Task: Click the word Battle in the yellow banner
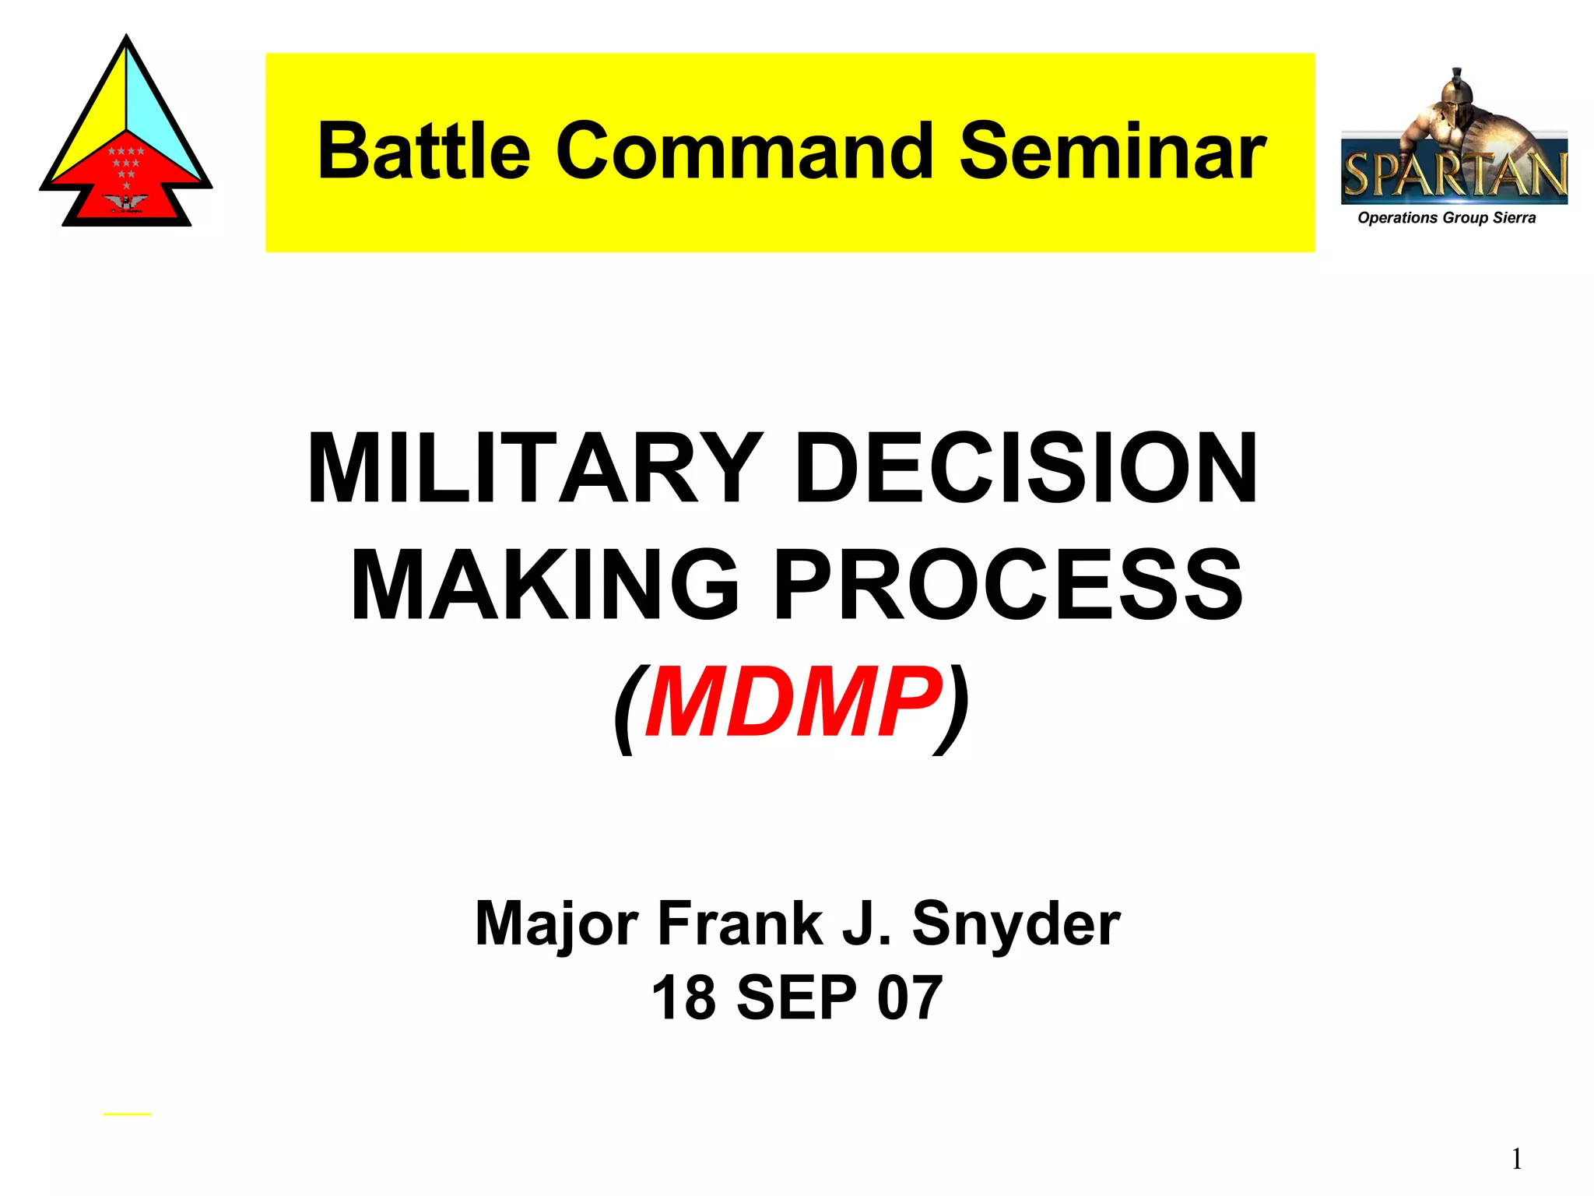[423, 151]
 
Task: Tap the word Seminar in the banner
[1112, 151]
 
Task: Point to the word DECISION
[1025, 469]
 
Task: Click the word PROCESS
[1008, 585]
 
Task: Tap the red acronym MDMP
[792, 703]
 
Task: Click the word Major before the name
[557, 925]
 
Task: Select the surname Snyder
[1016, 925]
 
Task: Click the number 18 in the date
[683, 997]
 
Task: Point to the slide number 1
[1516, 1159]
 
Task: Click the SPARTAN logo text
[1454, 175]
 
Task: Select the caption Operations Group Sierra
[1446, 218]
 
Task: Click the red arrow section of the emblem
[127, 183]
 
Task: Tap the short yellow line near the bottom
[127, 1114]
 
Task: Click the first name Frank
[739, 925]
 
